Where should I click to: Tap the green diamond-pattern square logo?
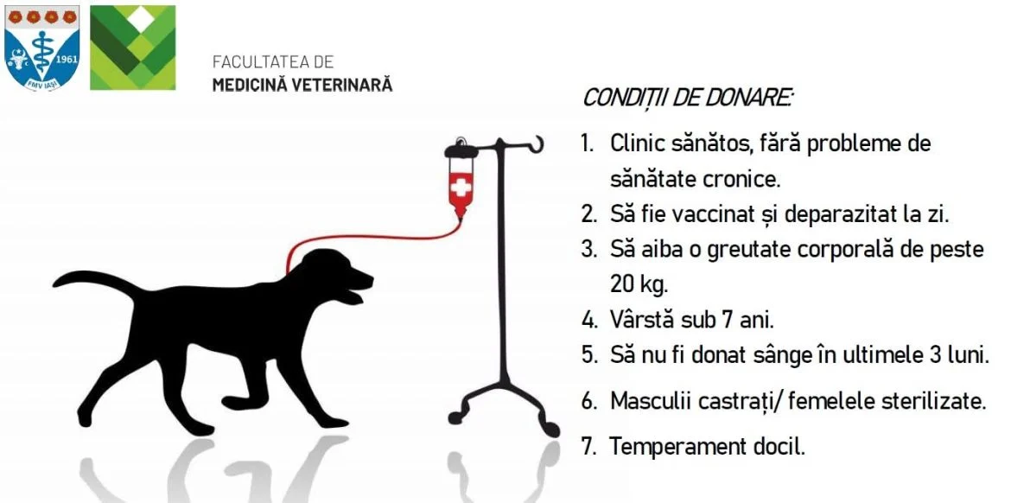tap(133, 48)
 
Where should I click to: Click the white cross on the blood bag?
tap(461, 188)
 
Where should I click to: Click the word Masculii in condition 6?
tap(654, 401)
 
